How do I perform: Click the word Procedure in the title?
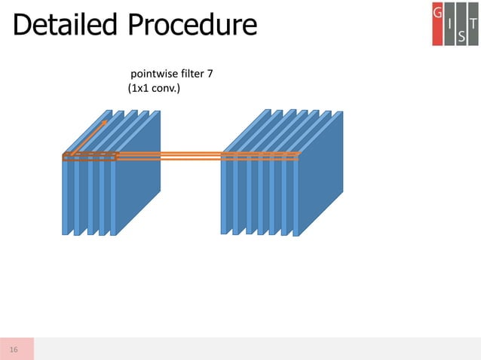click(191, 26)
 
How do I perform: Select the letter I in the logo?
click(450, 23)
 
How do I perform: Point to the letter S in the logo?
click(461, 35)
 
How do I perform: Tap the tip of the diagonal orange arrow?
click(106, 119)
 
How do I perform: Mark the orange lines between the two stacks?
click(169, 156)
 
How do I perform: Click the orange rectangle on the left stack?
click(89, 157)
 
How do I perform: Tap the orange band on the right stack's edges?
click(260, 157)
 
